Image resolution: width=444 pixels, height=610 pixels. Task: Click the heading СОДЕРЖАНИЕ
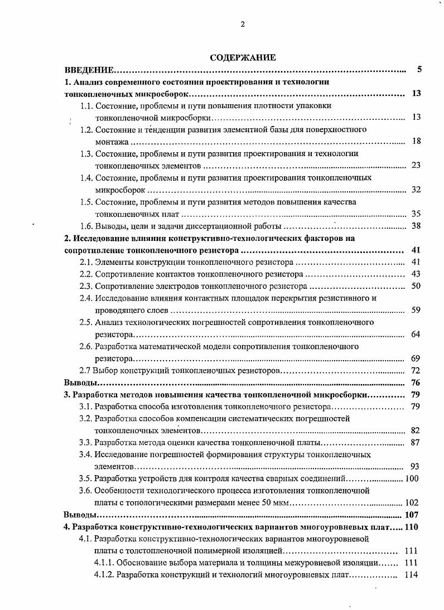click(243, 57)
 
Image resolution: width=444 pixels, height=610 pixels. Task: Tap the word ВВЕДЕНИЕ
click(89, 70)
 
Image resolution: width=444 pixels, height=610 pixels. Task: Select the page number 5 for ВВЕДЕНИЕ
click(419, 70)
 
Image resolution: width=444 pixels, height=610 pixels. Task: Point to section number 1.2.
click(86, 129)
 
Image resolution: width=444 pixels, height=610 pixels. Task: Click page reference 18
click(416, 142)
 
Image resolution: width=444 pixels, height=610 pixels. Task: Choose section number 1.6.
click(86, 226)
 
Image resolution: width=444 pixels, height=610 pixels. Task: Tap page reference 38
click(416, 226)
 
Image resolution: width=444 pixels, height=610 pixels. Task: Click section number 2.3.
click(86, 286)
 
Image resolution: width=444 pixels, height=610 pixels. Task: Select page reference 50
click(416, 286)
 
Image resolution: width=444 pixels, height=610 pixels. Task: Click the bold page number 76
click(416, 383)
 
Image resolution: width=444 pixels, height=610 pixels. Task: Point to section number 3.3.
click(86, 442)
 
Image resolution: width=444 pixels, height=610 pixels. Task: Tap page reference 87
click(416, 442)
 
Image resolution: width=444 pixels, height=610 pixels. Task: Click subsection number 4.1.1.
click(104, 563)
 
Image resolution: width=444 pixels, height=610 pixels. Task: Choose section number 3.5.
click(86, 478)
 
